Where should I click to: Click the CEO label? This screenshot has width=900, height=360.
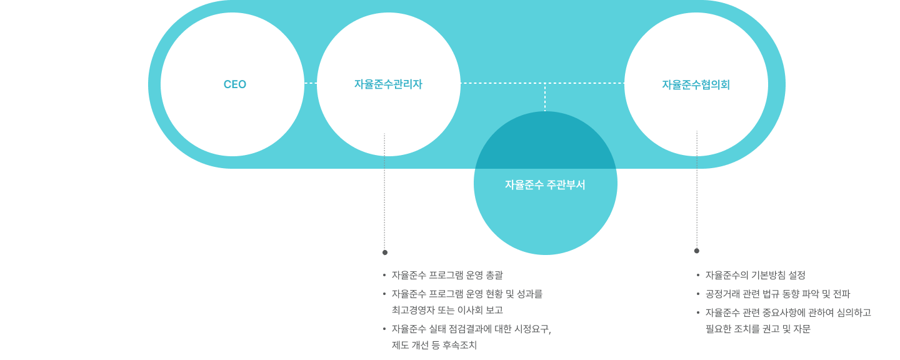[x=234, y=84]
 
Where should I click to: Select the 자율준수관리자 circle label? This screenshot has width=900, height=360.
[x=388, y=84]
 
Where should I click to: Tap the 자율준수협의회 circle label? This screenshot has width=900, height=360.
[x=696, y=85]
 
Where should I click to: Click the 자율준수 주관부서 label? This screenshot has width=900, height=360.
[x=545, y=185]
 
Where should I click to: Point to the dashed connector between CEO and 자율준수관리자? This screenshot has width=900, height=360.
[x=311, y=83]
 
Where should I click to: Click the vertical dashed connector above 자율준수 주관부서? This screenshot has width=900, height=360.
[x=545, y=97]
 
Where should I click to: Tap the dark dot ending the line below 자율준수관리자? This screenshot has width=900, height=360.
[x=385, y=252]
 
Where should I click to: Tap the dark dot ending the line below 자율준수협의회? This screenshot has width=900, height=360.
[x=697, y=251]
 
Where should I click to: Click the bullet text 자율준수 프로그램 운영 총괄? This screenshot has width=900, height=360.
[x=447, y=275]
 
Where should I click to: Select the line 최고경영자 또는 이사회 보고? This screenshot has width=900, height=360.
[x=447, y=310]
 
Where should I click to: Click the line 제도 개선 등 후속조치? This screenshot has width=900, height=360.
[x=434, y=345]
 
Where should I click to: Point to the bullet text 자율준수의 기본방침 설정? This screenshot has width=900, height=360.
[x=756, y=275]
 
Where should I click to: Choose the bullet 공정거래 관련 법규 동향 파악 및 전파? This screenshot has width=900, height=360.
[x=778, y=294]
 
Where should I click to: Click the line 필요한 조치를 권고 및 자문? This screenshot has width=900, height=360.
[x=757, y=329]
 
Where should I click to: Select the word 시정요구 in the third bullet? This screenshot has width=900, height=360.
[x=532, y=329]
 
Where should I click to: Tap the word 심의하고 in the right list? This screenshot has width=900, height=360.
[x=854, y=312]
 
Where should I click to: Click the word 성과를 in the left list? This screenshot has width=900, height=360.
[x=529, y=294]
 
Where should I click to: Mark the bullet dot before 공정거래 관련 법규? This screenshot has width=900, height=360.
[x=698, y=294]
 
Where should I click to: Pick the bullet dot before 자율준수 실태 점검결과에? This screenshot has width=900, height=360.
[x=384, y=329]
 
